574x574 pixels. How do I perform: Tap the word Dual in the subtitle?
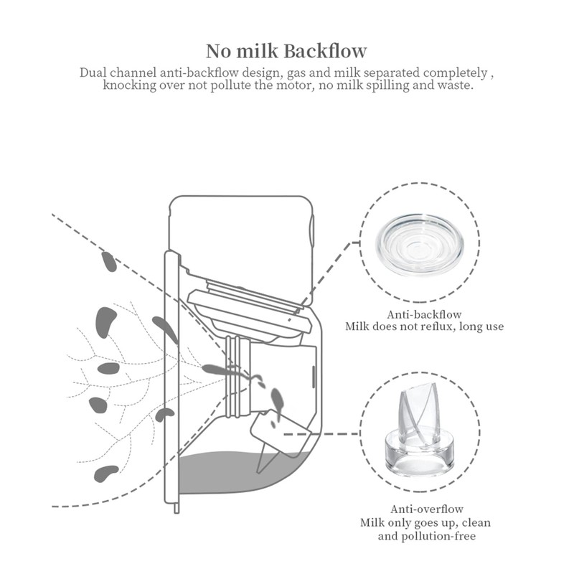click(94, 73)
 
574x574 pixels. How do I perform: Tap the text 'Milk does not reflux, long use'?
click(425, 326)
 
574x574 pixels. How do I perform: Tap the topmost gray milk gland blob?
click(110, 261)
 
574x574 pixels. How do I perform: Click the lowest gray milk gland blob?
click(106, 472)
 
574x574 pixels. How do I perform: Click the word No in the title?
click(218, 51)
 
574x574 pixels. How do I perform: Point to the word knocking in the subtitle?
click(130, 85)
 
